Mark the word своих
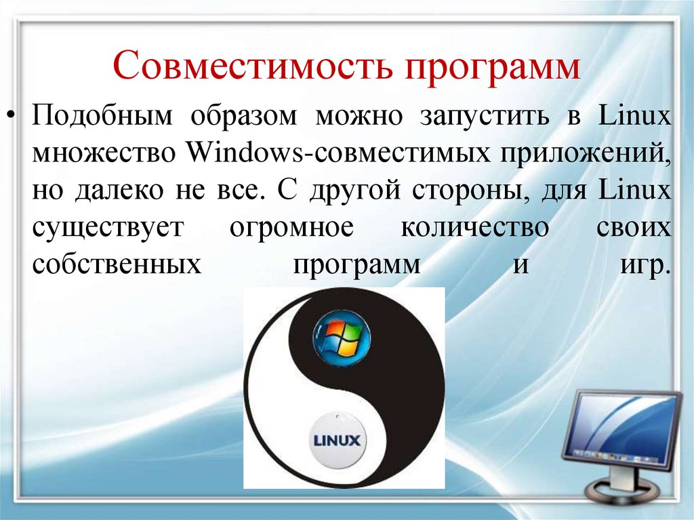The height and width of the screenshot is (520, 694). click(x=634, y=228)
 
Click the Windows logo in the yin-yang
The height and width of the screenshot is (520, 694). click(x=341, y=336)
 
